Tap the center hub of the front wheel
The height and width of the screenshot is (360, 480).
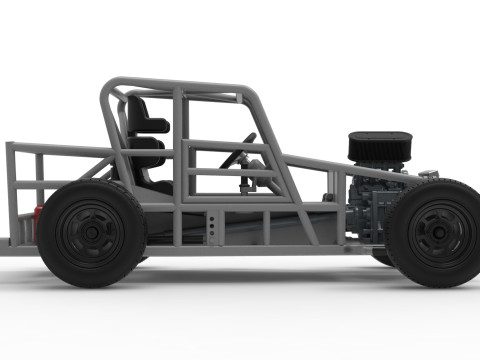(438, 232)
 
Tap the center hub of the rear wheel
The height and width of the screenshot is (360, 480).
(91, 232)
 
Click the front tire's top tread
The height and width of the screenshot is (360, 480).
(438, 185)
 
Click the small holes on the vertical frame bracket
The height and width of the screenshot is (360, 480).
(212, 226)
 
